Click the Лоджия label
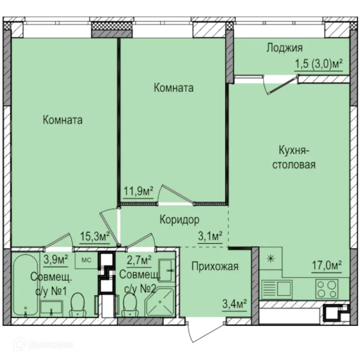click(x=284, y=48)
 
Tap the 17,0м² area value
click(x=327, y=266)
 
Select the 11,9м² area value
click(x=139, y=191)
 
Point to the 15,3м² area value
click(x=95, y=236)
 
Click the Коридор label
click(x=179, y=220)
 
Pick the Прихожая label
click(x=215, y=266)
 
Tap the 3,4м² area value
click(x=235, y=304)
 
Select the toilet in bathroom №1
click(x=77, y=305)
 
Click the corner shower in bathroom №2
click(x=160, y=302)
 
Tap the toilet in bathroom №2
click(x=130, y=305)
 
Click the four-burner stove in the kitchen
click(x=327, y=289)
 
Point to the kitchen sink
click(x=277, y=289)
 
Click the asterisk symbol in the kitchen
click(x=271, y=259)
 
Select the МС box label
click(x=86, y=260)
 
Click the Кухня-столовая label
click(x=294, y=157)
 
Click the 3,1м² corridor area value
click(x=210, y=236)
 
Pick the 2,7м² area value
click(x=139, y=260)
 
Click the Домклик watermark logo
click(x=43, y=344)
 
